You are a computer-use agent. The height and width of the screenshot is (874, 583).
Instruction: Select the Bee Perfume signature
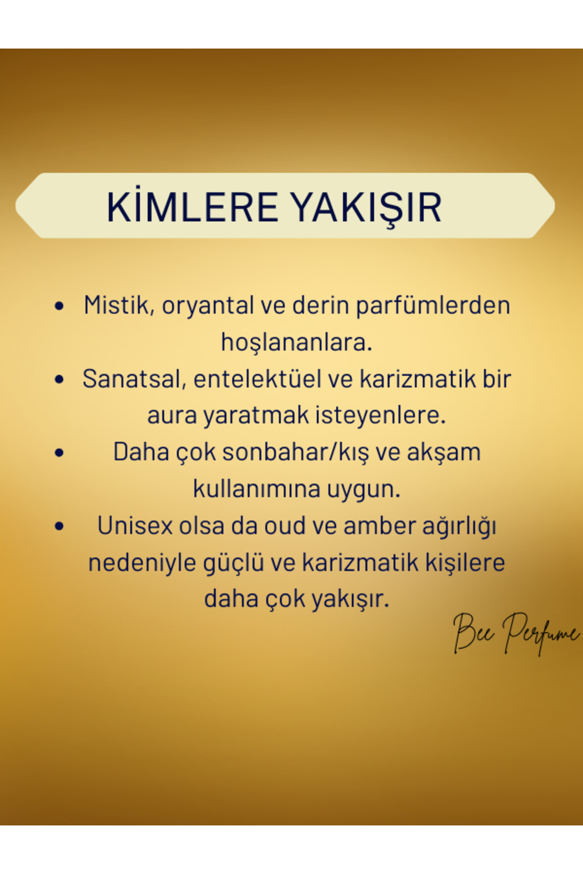(516, 633)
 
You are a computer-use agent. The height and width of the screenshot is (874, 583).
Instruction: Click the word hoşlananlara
(296, 342)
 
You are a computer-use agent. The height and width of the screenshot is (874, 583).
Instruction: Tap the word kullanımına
(257, 489)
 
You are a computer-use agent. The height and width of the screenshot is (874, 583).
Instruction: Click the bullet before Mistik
(59, 306)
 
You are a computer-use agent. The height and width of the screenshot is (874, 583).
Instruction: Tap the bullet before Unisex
(59, 526)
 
